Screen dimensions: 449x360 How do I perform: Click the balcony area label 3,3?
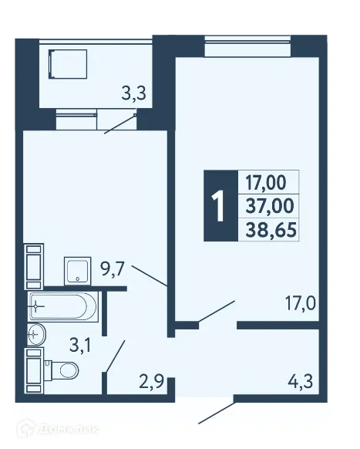[134, 95]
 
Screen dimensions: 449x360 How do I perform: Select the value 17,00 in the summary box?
[265, 183]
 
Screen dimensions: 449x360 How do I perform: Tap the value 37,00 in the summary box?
[265, 206]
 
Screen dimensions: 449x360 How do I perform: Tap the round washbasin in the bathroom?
[35, 335]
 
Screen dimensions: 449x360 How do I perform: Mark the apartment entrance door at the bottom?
[217, 412]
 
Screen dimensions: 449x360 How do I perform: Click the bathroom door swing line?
[115, 356]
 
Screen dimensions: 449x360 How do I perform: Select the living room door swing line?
[215, 312]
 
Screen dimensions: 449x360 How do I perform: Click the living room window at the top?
[249, 49]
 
